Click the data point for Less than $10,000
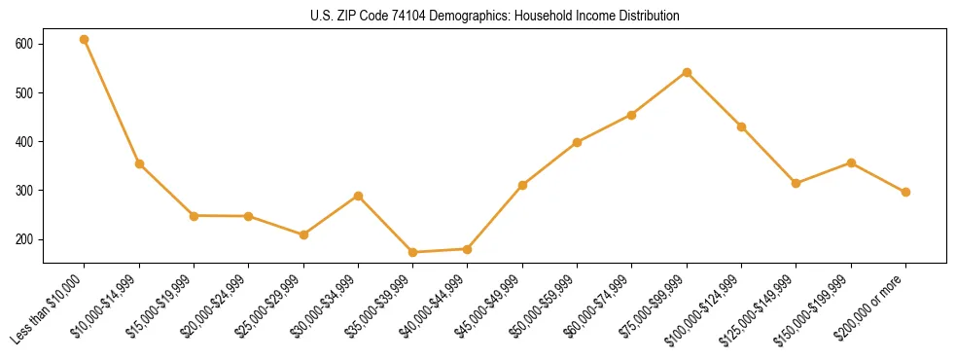pos(85,40)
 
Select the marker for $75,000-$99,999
pos(687,72)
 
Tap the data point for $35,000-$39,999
pos(413,252)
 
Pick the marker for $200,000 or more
pos(905,192)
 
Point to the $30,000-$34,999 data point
pos(359,196)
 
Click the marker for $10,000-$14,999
pos(139,163)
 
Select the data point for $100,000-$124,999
pos(741,126)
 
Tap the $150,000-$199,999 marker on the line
pos(851,162)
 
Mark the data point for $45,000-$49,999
pos(522,185)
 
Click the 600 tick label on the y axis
pos(24,44)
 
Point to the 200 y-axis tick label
pos(24,239)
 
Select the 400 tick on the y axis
pos(24,142)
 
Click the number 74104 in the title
pos(402,17)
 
